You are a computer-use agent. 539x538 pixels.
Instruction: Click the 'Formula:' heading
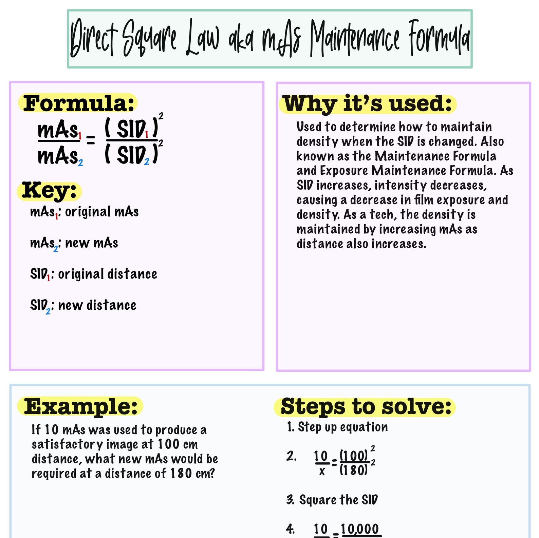[78, 103]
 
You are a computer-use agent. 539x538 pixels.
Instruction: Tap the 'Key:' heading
[50, 190]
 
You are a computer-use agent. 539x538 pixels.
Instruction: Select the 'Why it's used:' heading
[368, 104]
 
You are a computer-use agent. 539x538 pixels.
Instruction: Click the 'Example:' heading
[81, 406]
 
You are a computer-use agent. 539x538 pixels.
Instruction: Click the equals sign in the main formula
[91, 140]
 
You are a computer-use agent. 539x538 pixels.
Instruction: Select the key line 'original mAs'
[84, 212]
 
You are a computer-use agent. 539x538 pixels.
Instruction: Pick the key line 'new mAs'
[74, 243]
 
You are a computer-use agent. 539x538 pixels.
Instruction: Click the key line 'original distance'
[93, 274]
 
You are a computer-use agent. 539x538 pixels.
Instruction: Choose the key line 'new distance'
[83, 306]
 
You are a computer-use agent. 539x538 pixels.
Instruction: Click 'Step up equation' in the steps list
[342, 427]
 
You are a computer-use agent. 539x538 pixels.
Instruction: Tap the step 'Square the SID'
[338, 500]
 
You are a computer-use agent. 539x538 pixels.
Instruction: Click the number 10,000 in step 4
[359, 529]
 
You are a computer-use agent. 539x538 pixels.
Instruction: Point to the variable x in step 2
[322, 471]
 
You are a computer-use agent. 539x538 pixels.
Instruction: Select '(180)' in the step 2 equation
[353, 470]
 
